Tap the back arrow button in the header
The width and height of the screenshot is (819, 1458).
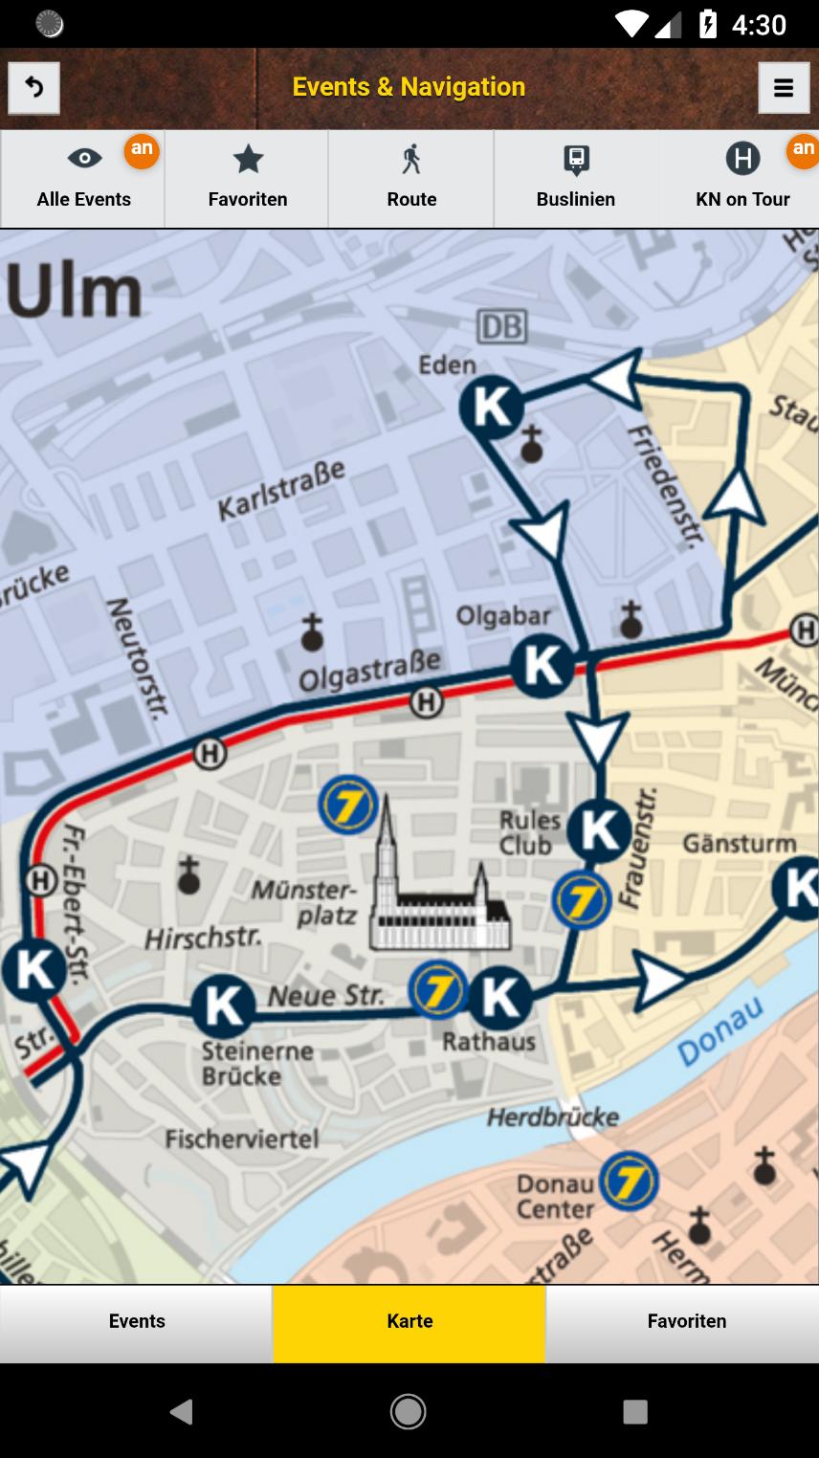(33, 88)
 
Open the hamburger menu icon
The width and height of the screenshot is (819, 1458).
(784, 88)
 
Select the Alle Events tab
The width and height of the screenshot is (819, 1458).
(83, 179)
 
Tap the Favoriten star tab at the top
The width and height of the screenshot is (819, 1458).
(248, 179)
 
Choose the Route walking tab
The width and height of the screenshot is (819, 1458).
(411, 179)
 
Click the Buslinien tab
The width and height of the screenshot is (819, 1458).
(576, 179)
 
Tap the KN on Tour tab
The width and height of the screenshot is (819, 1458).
(742, 179)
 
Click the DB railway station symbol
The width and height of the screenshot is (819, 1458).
(501, 327)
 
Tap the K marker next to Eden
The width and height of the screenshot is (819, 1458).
(492, 408)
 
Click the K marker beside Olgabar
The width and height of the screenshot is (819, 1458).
(542, 666)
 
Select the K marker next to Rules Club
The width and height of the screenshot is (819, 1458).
(599, 830)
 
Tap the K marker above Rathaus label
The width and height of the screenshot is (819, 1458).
(499, 998)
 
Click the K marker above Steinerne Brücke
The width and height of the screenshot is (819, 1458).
(223, 1006)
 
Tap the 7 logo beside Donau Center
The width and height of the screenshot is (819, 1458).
(629, 1182)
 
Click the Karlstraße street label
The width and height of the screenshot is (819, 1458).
(281, 491)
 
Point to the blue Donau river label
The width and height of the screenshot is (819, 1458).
(720, 1031)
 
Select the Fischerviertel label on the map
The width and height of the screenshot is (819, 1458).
(241, 1138)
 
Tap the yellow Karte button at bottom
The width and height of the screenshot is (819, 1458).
(409, 1321)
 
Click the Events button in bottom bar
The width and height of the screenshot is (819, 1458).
(137, 1321)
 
